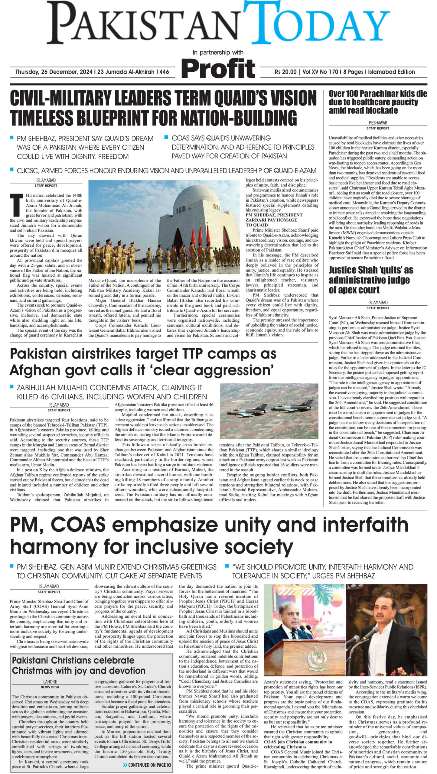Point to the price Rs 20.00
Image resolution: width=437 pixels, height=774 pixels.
285,72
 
